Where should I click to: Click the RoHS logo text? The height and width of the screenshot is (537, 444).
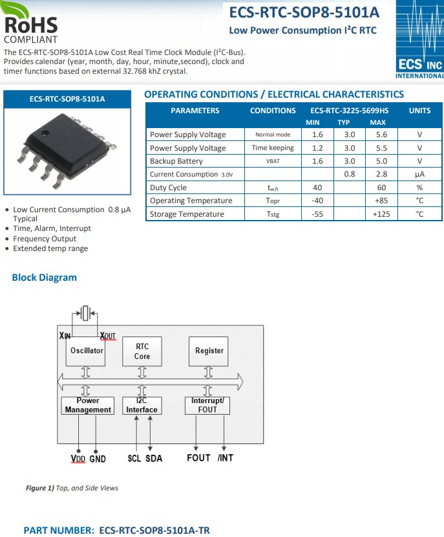pyautogui.click(x=30, y=25)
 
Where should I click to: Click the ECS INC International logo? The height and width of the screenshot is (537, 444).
pyautogui.click(x=419, y=39)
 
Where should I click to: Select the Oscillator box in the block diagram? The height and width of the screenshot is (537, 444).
pyautogui.click(x=87, y=351)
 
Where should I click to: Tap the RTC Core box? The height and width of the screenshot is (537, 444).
pyautogui.click(x=142, y=351)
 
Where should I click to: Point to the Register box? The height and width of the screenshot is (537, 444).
pyautogui.click(x=209, y=351)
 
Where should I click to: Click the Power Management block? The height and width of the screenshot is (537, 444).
pyautogui.click(x=88, y=406)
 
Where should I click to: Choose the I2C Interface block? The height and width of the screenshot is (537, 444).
pyautogui.click(x=142, y=406)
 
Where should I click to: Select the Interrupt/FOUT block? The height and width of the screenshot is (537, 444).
pyautogui.click(x=207, y=406)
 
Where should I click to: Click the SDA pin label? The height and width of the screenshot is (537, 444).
pyautogui.click(x=154, y=458)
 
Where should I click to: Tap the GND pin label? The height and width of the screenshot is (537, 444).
pyautogui.click(x=98, y=459)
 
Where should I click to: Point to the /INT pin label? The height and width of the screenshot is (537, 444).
pyautogui.click(x=225, y=458)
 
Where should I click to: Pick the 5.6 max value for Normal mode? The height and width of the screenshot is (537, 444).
pyautogui.click(x=381, y=135)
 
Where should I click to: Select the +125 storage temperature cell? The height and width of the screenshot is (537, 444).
pyautogui.click(x=381, y=214)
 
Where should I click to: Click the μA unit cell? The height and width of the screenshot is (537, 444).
pyautogui.click(x=419, y=174)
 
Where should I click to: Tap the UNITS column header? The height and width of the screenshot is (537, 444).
pyautogui.click(x=419, y=111)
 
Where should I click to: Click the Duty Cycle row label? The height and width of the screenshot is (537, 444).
pyautogui.click(x=168, y=188)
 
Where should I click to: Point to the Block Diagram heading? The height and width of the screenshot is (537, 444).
pyautogui.click(x=44, y=278)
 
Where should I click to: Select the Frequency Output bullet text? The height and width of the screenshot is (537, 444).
pyautogui.click(x=45, y=239)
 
